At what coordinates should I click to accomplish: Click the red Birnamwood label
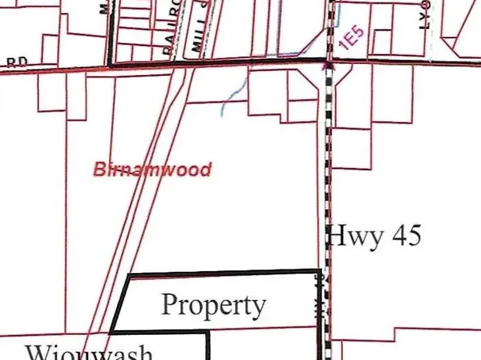tap(153, 170)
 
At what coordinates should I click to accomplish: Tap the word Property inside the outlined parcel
tap(213, 304)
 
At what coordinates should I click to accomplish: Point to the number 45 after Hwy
tap(405, 236)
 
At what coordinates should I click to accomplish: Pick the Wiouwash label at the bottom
tap(89, 353)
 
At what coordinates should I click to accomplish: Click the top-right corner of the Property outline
tap(317, 271)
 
